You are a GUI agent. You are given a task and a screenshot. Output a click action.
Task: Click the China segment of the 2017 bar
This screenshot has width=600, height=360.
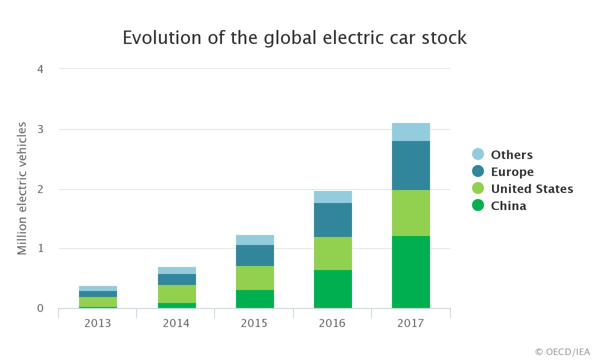tap(410, 272)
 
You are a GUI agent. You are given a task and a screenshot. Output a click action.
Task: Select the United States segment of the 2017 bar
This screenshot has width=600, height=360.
tap(410, 213)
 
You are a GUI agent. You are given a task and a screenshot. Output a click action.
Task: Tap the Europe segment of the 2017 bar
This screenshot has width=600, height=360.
tap(410, 165)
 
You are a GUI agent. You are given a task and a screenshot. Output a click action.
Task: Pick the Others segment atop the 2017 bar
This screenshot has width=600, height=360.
tap(410, 132)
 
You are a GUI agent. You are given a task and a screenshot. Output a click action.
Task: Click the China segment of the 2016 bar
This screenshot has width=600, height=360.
tap(332, 289)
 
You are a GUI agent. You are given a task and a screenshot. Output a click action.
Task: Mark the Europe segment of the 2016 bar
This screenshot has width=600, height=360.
tap(332, 220)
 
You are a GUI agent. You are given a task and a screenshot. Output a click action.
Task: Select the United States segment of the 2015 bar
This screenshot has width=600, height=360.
tap(254, 278)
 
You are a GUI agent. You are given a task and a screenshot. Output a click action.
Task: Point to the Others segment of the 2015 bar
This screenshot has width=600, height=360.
tap(254, 240)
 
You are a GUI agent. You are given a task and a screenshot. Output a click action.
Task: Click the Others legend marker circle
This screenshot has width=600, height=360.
tap(478, 154)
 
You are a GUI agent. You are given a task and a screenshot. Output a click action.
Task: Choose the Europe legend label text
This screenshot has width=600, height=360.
tap(512, 172)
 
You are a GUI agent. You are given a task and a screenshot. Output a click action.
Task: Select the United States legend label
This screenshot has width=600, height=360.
tap(531, 189)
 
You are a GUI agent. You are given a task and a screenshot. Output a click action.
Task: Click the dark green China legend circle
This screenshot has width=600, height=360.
tap(478, 205)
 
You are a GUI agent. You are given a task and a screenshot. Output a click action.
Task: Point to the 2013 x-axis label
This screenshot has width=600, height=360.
tap(98, 323)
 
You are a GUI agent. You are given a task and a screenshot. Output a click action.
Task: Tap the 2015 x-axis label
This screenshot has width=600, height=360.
tap(254, 323)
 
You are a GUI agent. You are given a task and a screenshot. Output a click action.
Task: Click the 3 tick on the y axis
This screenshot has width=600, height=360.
tap(40, 129)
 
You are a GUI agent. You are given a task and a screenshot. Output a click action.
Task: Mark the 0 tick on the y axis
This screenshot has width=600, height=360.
tap(40, 308)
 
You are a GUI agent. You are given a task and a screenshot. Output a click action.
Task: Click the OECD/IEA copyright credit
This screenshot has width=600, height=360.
tap(562, 351)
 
